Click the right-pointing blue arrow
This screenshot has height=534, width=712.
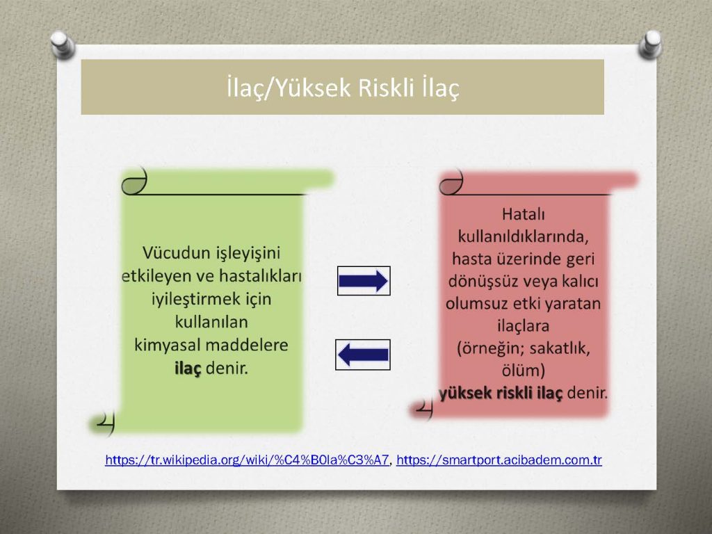point(363,281)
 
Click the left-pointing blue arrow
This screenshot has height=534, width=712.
point(363,355)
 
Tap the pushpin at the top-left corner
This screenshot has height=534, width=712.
point(62,44)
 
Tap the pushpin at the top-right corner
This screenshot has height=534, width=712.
point(650,44)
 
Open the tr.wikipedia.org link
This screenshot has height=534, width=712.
point(247,460)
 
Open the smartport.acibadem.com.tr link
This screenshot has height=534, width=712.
point(499,460)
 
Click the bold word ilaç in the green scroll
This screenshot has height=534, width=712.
point(188,369)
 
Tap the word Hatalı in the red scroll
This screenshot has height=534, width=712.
point(523,214)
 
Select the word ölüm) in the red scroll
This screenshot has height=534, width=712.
point(523,370)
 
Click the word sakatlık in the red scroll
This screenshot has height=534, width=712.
point(560,348)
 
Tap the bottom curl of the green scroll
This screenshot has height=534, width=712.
point(105,423)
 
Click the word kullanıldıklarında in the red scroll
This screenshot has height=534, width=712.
point(523,236)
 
